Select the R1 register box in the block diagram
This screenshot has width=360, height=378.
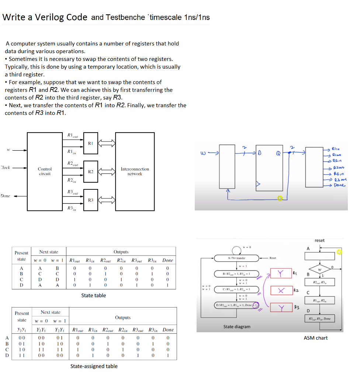click(91, 143)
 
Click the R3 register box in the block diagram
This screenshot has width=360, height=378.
click(91, 200)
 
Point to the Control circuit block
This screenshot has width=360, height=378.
click(45, 171)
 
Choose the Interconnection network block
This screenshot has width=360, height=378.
click(135, 171)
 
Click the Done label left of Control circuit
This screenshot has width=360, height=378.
click(6, 196)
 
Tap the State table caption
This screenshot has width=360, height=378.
click(93, 295)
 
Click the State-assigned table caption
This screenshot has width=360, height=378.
click(94, 366)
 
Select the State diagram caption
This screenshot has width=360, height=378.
click(237, 327)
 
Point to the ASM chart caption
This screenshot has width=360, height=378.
click(315, 338)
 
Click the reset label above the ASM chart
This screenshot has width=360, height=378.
click(319, 240)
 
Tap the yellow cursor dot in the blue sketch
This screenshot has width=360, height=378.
click(280, 199)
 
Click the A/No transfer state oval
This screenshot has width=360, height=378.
click(237, 258)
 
